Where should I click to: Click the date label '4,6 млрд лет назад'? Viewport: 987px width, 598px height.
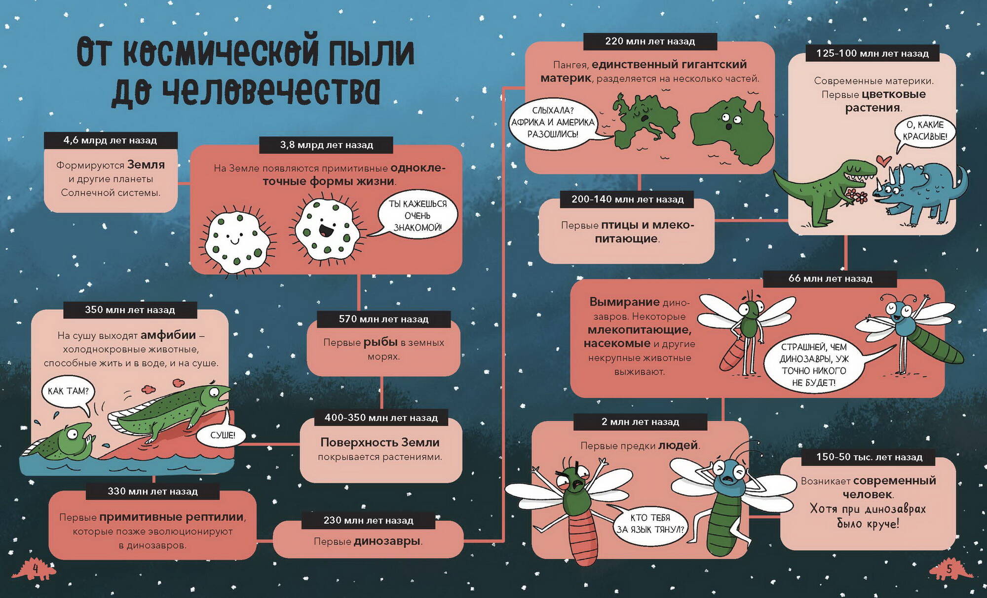point(111,140)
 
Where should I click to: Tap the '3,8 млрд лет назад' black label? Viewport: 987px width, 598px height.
point(327,145)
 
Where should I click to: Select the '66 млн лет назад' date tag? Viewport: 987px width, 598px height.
point(830,279)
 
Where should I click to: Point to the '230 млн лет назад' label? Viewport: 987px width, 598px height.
point(368,520)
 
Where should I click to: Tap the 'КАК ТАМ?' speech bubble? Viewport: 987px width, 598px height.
point(69,393)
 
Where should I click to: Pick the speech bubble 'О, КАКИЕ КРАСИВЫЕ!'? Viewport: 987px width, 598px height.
point(924,131)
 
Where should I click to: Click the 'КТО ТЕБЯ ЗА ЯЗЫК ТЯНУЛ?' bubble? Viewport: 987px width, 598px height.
point(649,524)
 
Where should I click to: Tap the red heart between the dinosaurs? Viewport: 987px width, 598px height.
point(883,160)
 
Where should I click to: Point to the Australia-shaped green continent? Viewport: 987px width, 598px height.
point(731,130)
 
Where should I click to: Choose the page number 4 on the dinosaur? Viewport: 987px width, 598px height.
point(36,569)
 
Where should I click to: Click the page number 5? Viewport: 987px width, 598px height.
point(949,569)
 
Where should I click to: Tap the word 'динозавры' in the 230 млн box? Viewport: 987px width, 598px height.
point(387,541)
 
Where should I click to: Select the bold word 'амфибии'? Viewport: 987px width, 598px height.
point(168,335)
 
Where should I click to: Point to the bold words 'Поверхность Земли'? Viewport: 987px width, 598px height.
point(380,442)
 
